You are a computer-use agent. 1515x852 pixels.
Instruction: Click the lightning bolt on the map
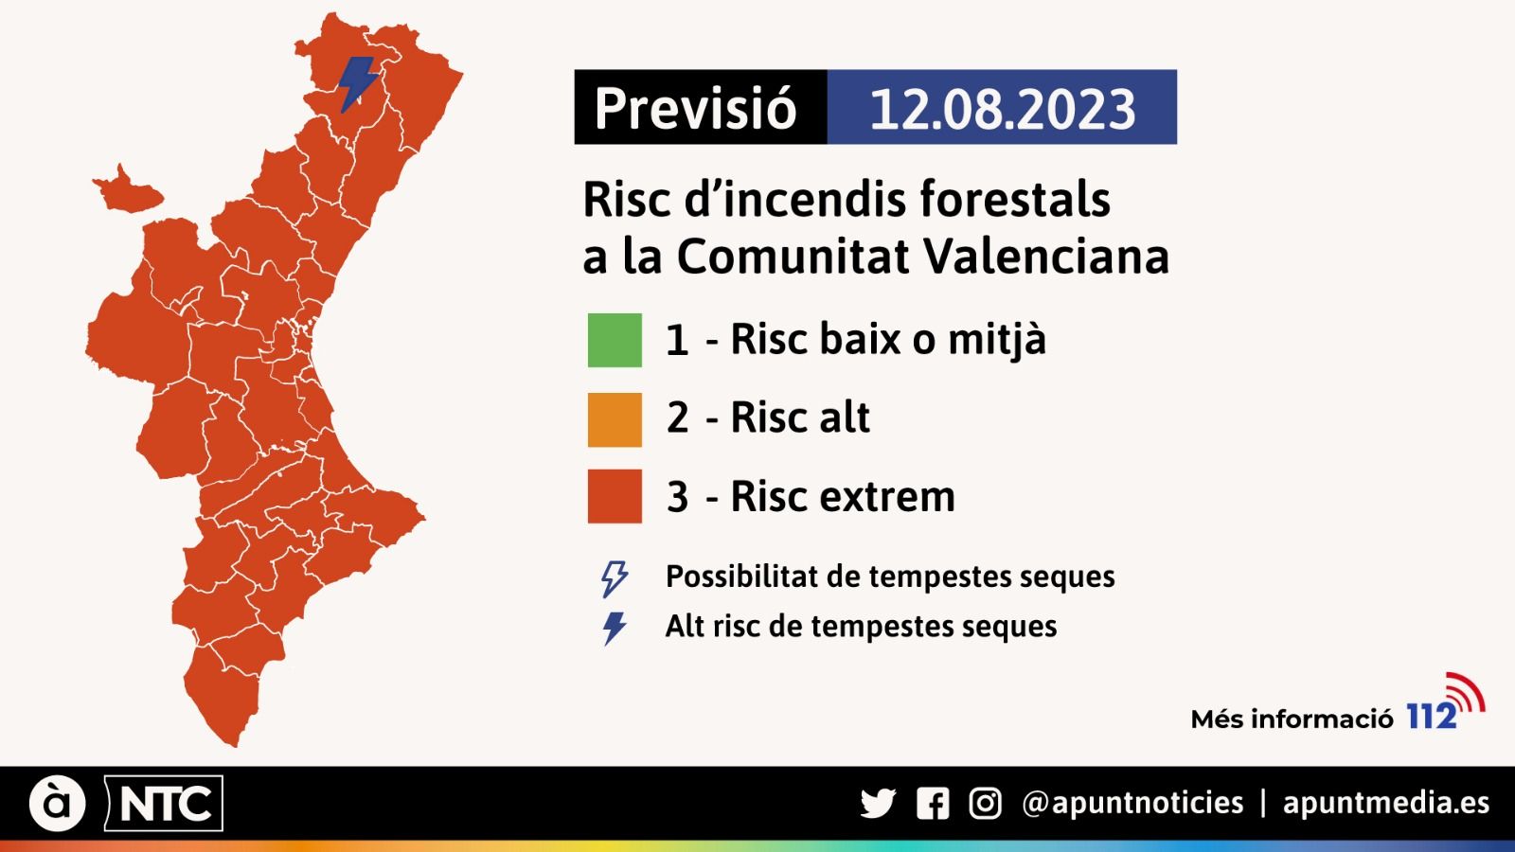coord(358,84)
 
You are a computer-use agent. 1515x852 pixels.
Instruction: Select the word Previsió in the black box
coord(696,108)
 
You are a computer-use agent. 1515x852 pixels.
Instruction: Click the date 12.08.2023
coord(1002,108)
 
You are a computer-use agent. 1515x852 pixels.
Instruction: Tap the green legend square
coord(615,340)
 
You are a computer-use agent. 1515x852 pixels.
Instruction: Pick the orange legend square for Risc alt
coord(615,419)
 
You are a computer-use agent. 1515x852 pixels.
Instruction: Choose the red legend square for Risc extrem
coord(615,496)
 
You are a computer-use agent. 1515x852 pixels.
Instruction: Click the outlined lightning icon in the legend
coord(615,577)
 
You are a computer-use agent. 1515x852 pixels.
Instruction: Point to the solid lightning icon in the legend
coord(615,628)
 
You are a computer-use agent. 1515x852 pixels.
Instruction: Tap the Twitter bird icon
coord(878,804)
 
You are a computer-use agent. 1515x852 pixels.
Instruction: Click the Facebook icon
coord(933,804)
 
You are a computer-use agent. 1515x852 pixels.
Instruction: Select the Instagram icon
coord(985,804)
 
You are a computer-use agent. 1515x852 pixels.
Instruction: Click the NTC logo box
coord(164,804)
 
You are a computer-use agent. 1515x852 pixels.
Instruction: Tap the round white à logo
coord(58,804)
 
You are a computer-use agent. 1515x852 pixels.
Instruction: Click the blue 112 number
coord(1431,717)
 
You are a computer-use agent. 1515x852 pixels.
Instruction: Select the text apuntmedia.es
coord(1386,804)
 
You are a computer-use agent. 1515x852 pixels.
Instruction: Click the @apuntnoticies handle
coord(1132,804)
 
